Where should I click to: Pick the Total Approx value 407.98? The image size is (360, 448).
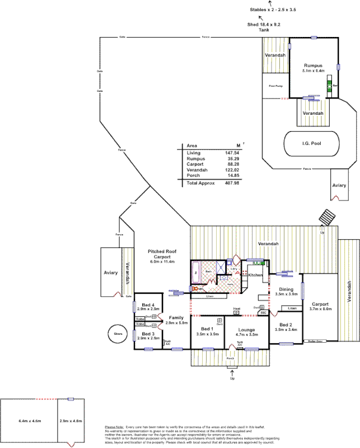[x=231, y=183]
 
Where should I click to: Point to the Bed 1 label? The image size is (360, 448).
[x=207, y=328]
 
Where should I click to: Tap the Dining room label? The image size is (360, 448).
[x=286, y=290]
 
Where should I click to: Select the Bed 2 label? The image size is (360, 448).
[x=286, y=325]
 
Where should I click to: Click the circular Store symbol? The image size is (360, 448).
[x=118, y=335]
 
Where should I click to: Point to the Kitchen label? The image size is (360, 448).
[x=255, y=276]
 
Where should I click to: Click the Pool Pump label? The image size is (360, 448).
[x=275, y=86]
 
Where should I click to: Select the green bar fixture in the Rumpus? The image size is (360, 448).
[x=329, y=86]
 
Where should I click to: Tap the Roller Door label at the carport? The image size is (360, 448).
[x=313, y=340]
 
